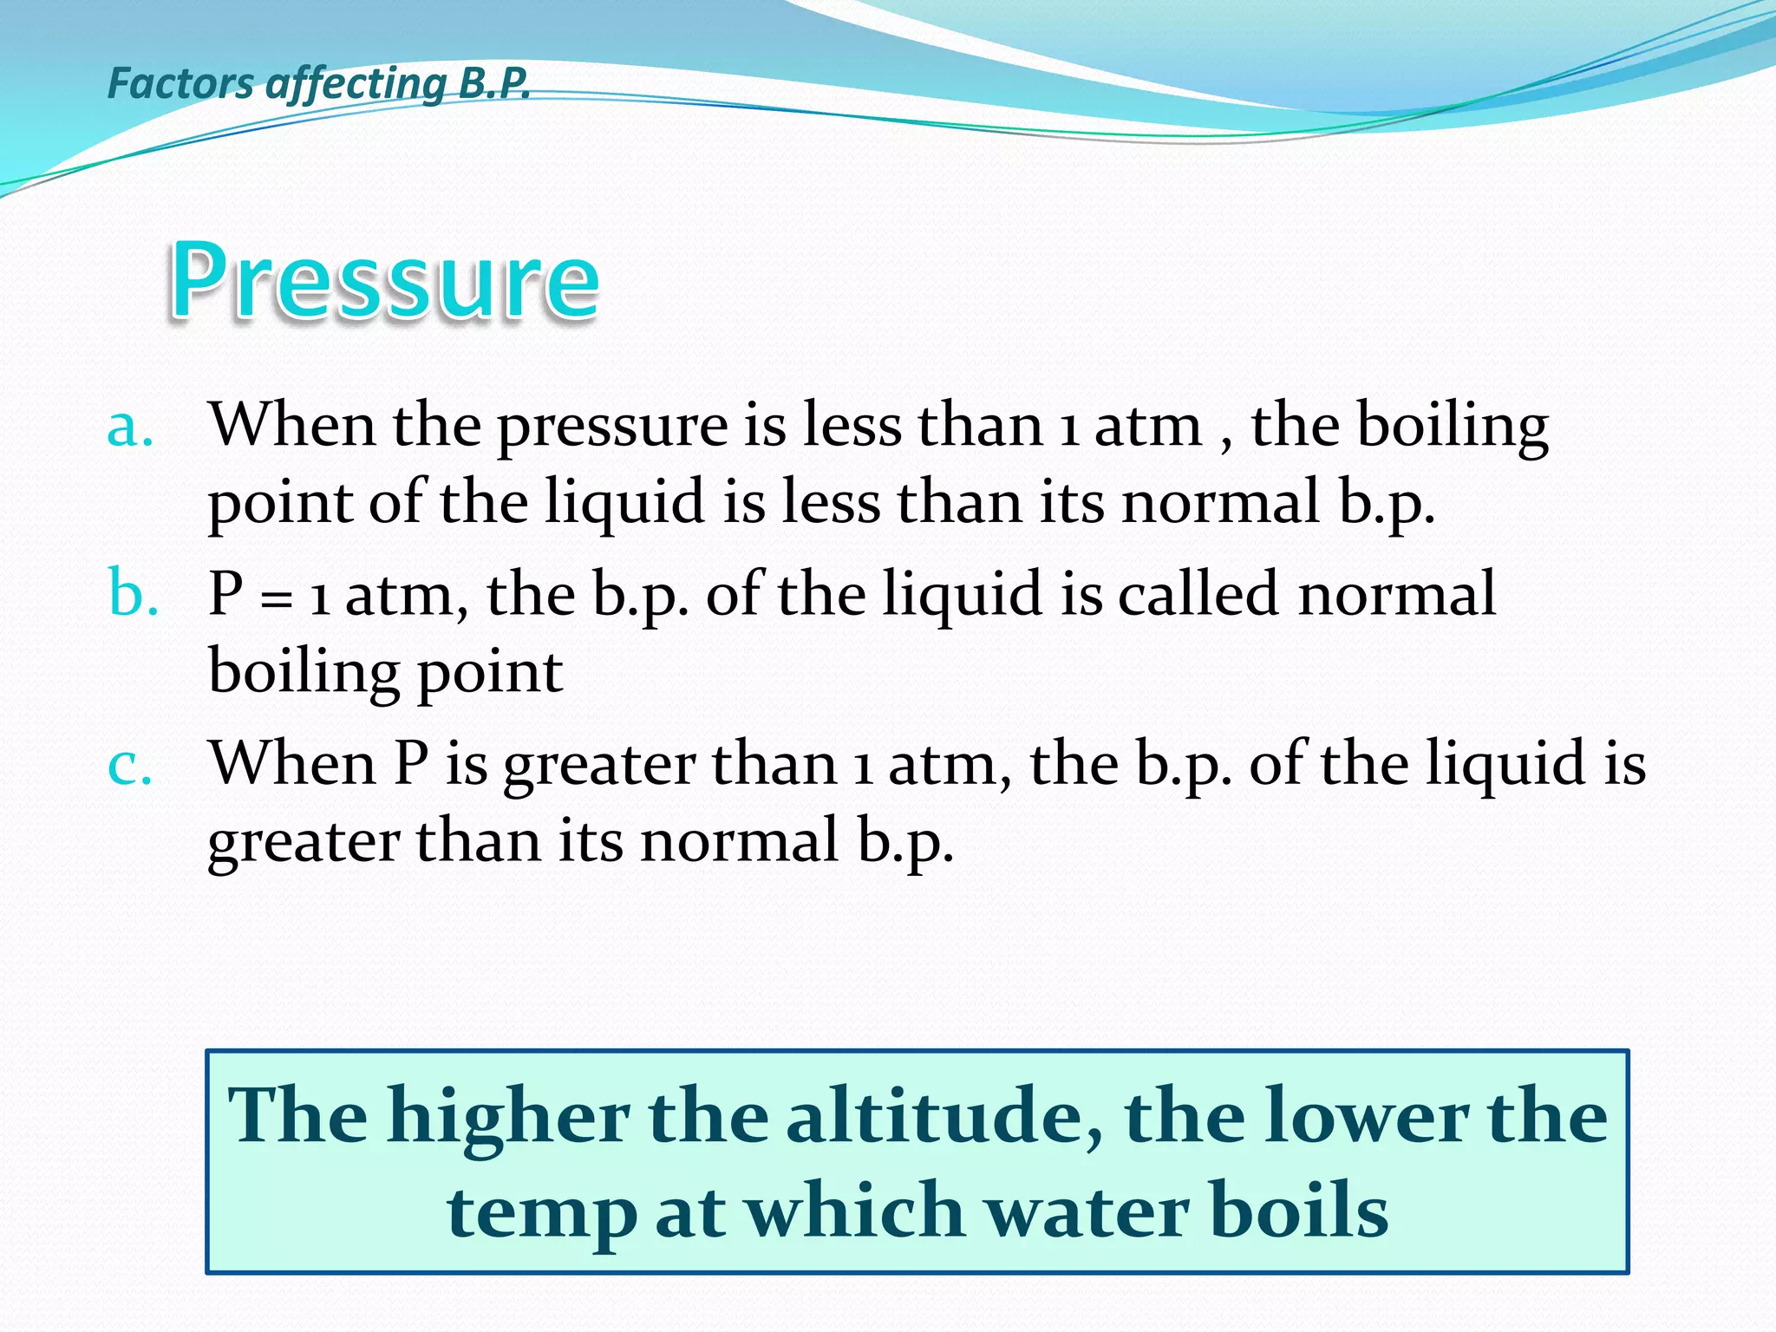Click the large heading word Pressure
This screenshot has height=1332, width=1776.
tap(384, 279)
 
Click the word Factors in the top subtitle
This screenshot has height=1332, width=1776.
tap(180, 83)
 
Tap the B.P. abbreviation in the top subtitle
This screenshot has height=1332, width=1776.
tap(493, 83)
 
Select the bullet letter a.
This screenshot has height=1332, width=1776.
tap(130, 427)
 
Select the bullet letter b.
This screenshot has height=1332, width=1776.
tap(133, 595)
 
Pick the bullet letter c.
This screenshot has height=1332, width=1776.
tap(130, 765)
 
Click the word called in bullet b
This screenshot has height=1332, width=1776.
tap(1198, 595)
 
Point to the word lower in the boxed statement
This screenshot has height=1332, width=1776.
tap(1368, 1116)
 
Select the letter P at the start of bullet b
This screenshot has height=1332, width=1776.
tap(226, 595)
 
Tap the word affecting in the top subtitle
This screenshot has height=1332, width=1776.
tap(356, 85)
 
